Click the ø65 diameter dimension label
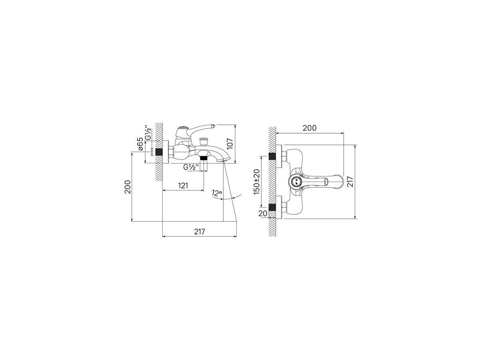(141, 144)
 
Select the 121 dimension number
(183, 186)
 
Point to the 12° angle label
(217, 193)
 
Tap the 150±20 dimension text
(256, 182)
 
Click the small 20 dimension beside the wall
(263, 213)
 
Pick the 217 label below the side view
(200, 232)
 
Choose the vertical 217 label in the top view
(350, 182)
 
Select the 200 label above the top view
(310, 128)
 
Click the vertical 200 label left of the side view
(128, 187)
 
